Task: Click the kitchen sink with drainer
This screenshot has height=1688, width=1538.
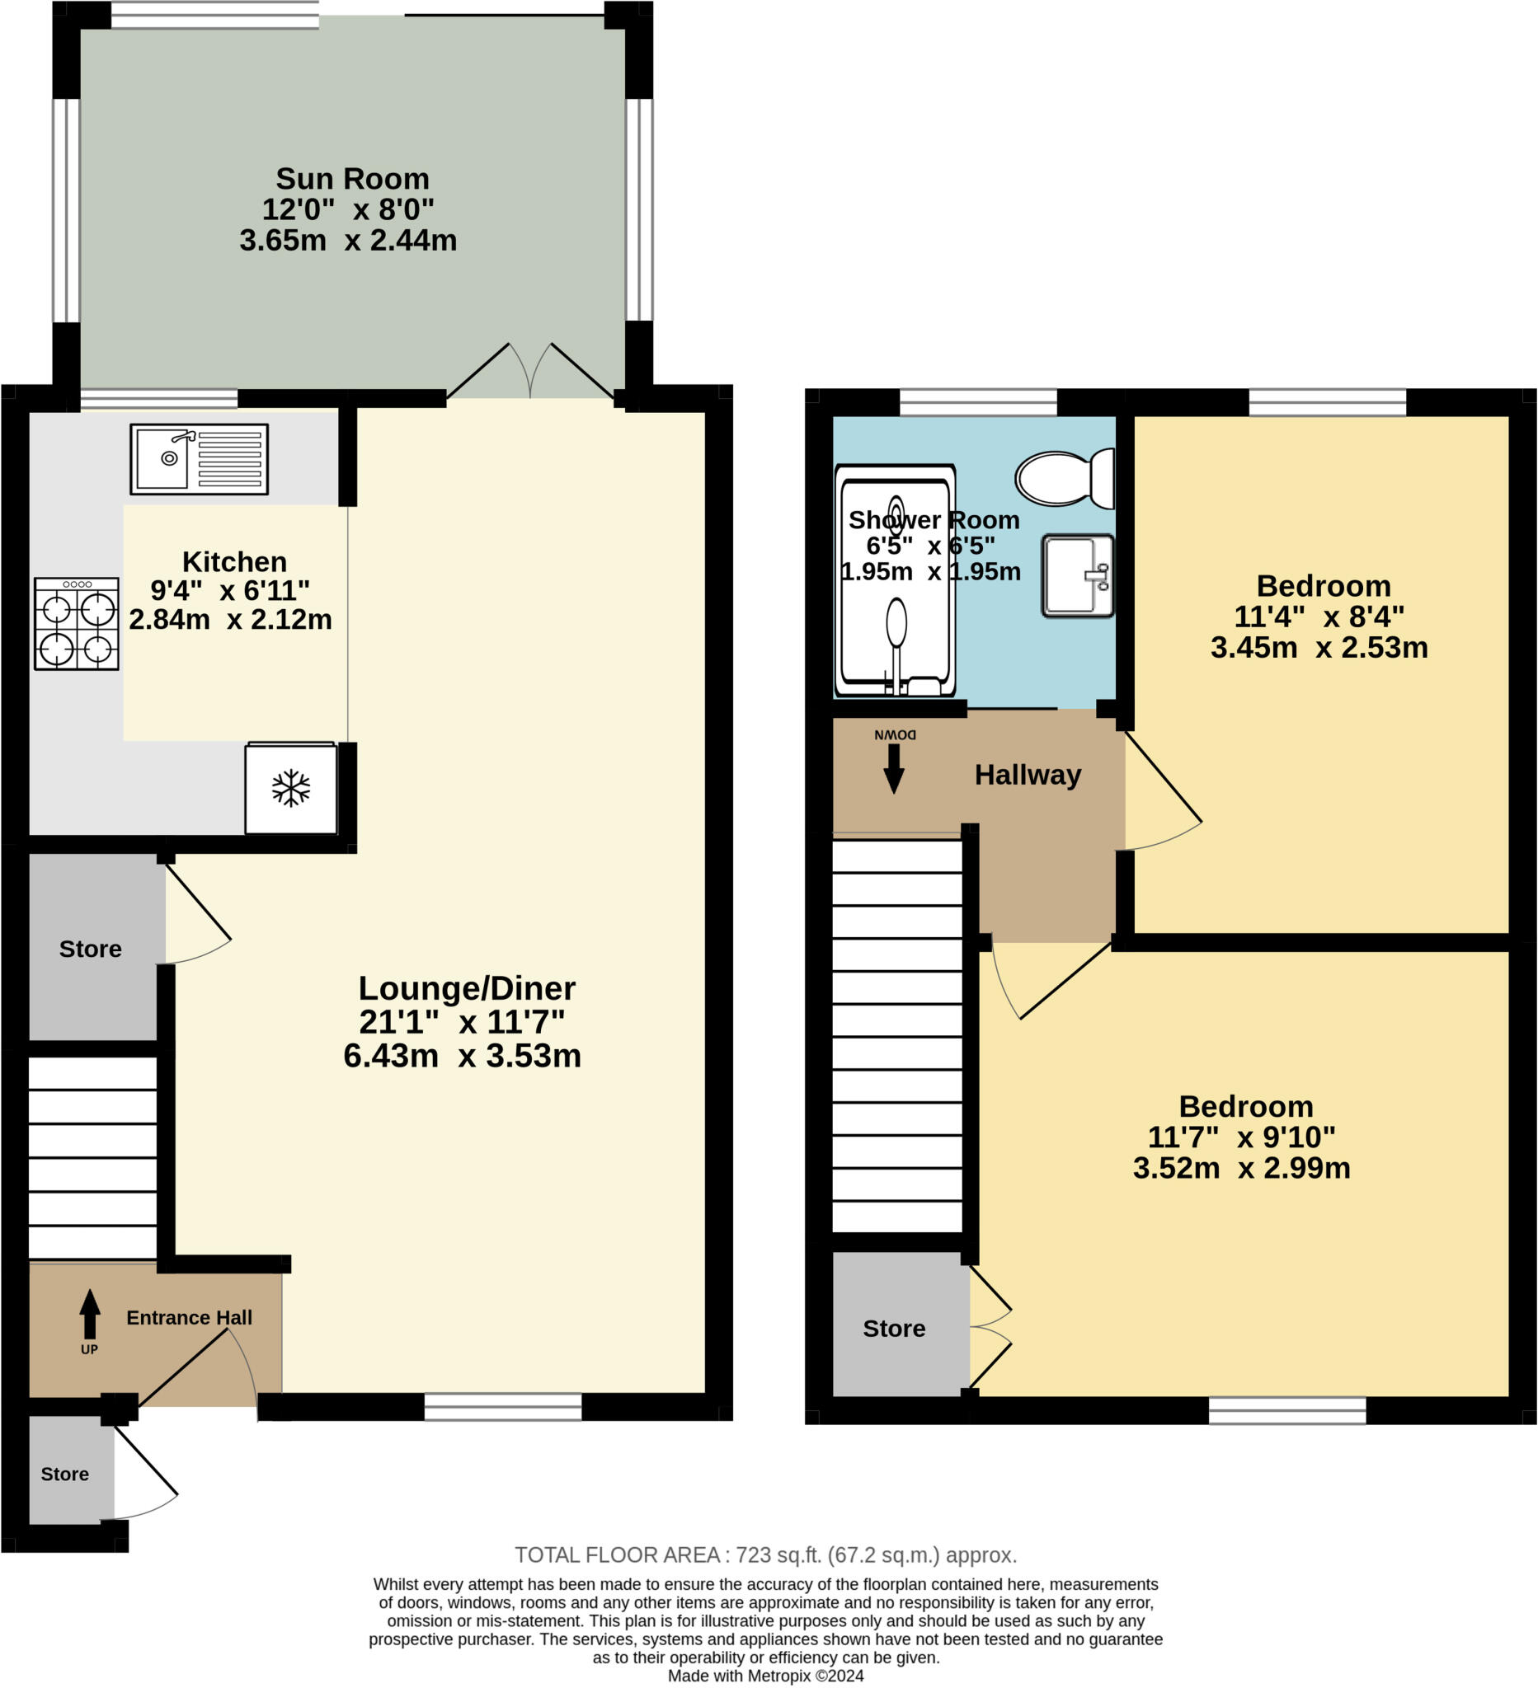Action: [x=200, y=459]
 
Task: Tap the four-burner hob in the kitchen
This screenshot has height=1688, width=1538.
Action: [x=76, y=624]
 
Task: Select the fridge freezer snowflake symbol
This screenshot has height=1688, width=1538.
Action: [x=290, y=789]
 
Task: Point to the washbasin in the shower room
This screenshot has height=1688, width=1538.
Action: [x=1077, y=576]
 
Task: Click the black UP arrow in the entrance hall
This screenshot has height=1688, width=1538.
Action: [x=90, y=1314]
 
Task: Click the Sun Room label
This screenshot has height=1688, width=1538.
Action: [x=352, y=178]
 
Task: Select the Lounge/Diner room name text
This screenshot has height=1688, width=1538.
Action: [x=467, y=989]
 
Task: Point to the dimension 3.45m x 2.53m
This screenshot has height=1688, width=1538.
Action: [x=1319, y=647]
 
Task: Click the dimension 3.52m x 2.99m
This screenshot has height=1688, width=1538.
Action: [x=1240, y=1168]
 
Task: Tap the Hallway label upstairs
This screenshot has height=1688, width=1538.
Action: [x=1027, y=776]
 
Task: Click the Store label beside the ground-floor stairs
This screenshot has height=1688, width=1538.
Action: [x=91, y=949]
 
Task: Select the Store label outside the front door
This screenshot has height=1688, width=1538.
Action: [x=64, y=1475]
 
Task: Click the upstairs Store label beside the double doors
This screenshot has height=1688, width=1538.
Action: [x=894, y=1329]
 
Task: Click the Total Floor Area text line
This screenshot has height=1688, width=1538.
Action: [x=764, y=1555]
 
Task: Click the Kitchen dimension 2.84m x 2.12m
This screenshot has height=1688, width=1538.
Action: [x=230, y=620]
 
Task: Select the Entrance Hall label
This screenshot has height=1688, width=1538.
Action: [x=189, y=1318]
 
